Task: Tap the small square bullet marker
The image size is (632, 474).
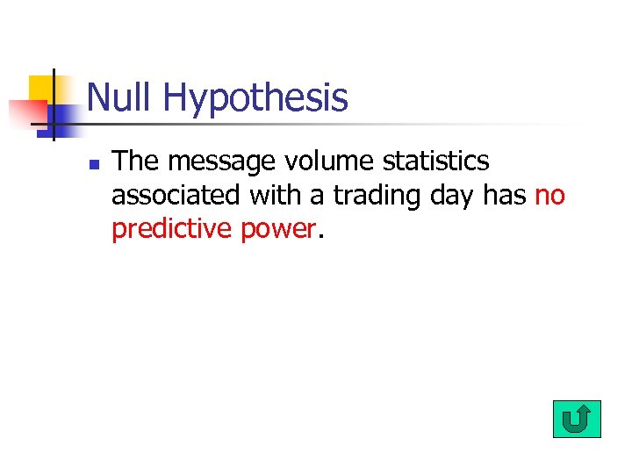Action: [x=93, y=164]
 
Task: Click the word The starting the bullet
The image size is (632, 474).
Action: [x=135, y=162]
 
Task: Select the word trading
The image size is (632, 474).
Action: [x=378, y=196]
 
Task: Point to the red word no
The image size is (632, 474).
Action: [x=549, y=196]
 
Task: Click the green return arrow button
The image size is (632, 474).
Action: [x=577, y=420]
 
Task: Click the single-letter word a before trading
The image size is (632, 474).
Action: [x=318, y=197]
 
